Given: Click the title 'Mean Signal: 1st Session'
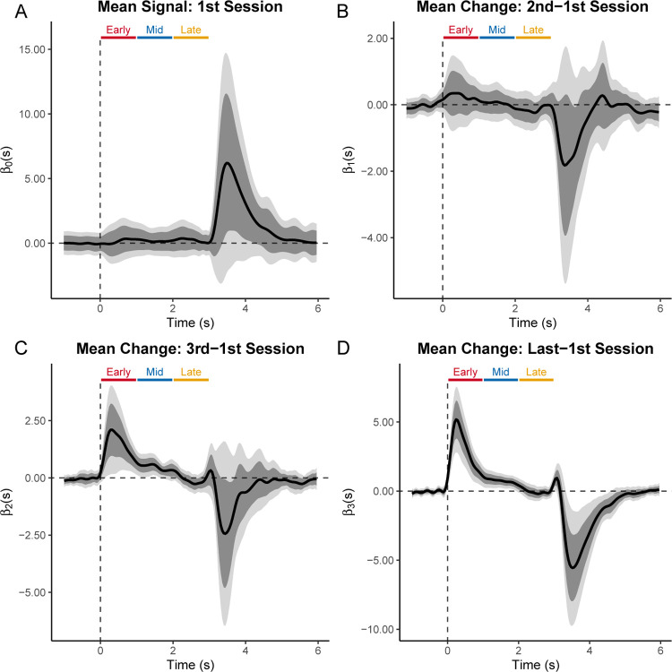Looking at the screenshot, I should point(189,10).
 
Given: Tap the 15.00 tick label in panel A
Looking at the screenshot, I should point(28,49).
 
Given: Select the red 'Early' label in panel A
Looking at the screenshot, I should point(117,30).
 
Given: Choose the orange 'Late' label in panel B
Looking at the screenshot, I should point(533,30).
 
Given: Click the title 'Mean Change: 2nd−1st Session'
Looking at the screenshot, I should point(534,10).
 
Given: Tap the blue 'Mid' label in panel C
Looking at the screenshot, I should point(154,372).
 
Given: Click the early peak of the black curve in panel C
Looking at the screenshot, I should point(111,430).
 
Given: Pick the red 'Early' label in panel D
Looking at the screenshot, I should point(464,372).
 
